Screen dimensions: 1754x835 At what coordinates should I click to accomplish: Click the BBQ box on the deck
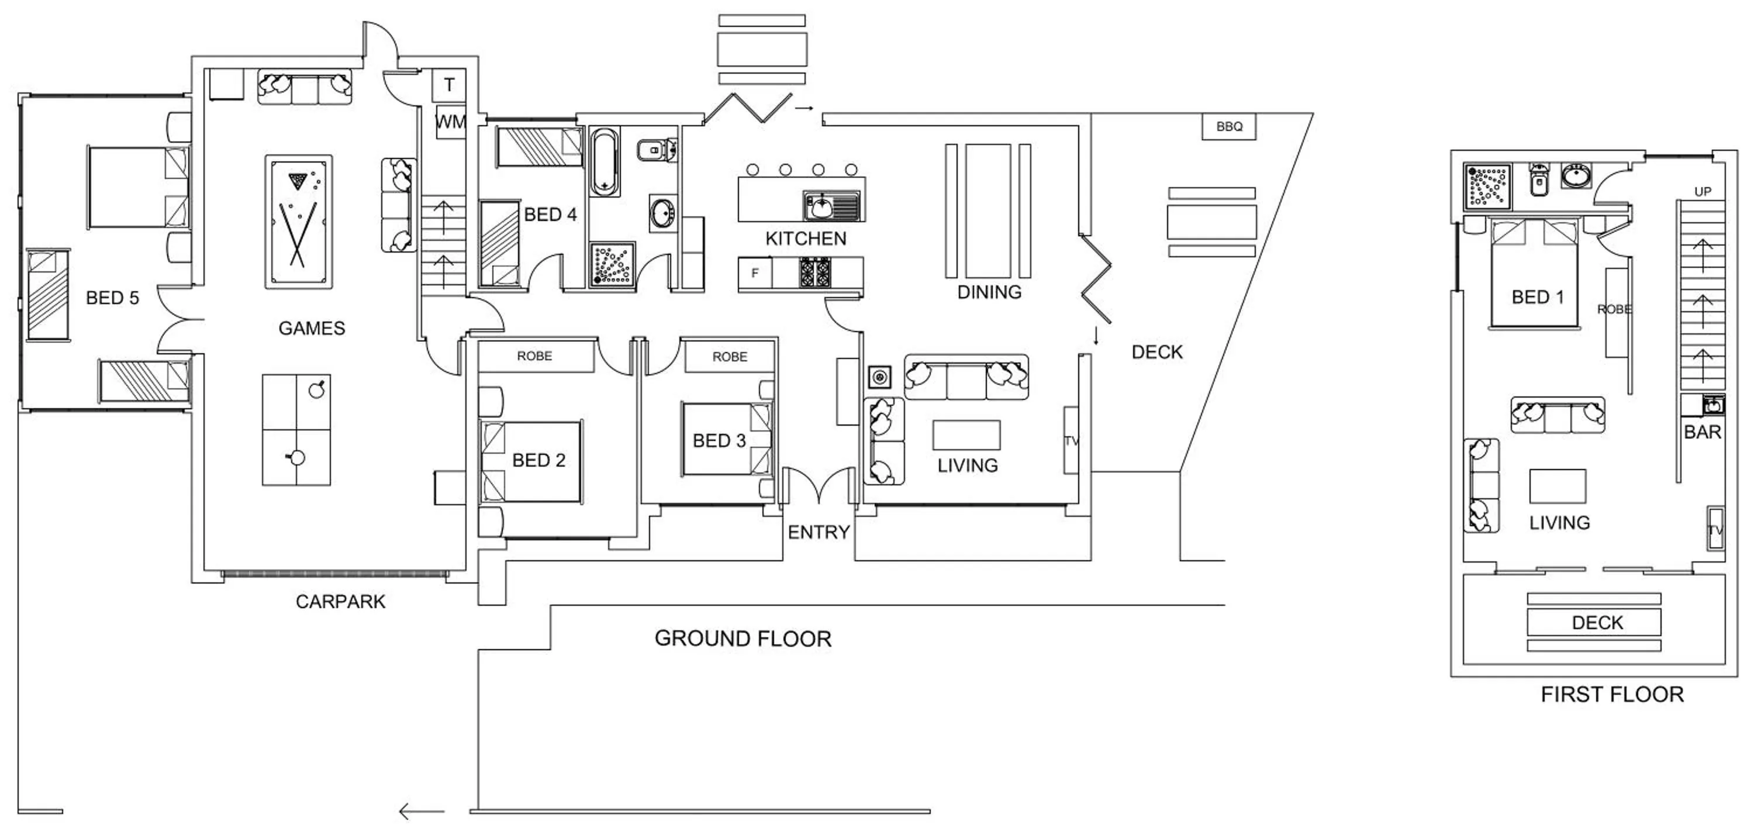coord(1228,127)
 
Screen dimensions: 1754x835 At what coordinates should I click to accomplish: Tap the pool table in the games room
coord(298,222)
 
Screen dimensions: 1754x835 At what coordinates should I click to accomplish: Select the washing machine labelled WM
coord(450,122)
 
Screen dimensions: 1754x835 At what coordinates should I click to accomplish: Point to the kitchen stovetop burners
coord(814,272)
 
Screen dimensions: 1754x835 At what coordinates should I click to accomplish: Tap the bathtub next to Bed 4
coord(604,161)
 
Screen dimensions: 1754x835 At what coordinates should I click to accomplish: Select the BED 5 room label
coord(112,298)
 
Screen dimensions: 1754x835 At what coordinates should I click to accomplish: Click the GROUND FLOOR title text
coord(743,639)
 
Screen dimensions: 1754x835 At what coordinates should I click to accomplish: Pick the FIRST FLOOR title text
coord(1612,695)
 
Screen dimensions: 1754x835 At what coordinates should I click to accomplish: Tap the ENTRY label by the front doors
coord(819,533)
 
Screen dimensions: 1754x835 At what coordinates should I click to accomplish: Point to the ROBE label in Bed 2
coord(534,356)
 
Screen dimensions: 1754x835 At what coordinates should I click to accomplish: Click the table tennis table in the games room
coord(296,430)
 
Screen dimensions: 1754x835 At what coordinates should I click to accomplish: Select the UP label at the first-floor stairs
coord(1703,192)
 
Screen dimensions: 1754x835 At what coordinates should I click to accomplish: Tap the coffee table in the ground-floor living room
coord(966,435)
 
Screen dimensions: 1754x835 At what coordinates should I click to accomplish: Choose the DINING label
coord(989,293)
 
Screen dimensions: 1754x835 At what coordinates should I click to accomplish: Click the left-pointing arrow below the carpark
coord(422,812)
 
